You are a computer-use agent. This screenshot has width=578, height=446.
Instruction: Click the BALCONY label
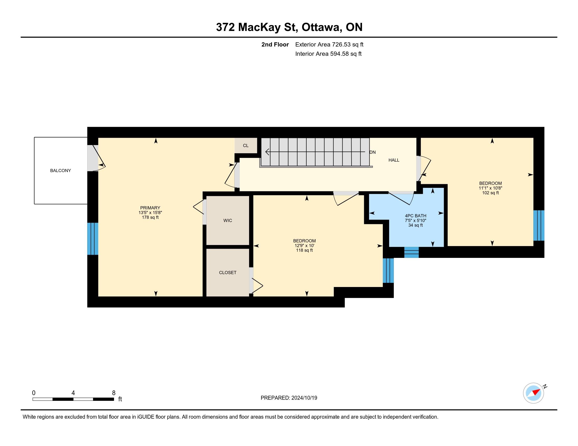point(61,171)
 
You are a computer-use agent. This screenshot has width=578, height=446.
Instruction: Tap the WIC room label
point(228,220)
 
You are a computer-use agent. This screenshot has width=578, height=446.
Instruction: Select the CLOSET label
point(228,272)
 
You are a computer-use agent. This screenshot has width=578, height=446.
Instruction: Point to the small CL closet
point(246,146)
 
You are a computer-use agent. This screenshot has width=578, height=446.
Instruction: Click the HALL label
point(394,160)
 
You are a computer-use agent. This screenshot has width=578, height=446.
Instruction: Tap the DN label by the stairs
point(373,152)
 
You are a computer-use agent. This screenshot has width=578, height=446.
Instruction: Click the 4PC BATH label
point(416,216)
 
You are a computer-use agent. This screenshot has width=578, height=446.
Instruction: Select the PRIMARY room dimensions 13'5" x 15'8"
point(150,213)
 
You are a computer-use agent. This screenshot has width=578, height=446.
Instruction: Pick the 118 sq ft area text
point(304,250)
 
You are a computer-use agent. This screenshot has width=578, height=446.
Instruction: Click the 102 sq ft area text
point(491,193)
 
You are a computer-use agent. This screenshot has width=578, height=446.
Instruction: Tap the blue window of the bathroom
point(411,252)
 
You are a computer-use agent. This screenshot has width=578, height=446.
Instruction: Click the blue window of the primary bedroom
point(93,239)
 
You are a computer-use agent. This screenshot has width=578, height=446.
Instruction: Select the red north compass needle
point(536,392)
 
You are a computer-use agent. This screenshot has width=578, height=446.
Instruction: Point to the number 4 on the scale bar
point(73,393)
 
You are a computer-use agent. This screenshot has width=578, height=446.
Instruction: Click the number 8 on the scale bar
point(114,393)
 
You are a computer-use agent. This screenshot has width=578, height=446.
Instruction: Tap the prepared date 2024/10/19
point(304,398)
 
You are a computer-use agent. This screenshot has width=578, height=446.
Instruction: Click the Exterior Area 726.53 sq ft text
point(329,44)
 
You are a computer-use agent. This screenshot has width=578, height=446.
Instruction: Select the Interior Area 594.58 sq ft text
point(328,54)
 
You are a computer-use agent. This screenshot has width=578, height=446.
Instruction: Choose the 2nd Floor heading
point(275,44)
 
